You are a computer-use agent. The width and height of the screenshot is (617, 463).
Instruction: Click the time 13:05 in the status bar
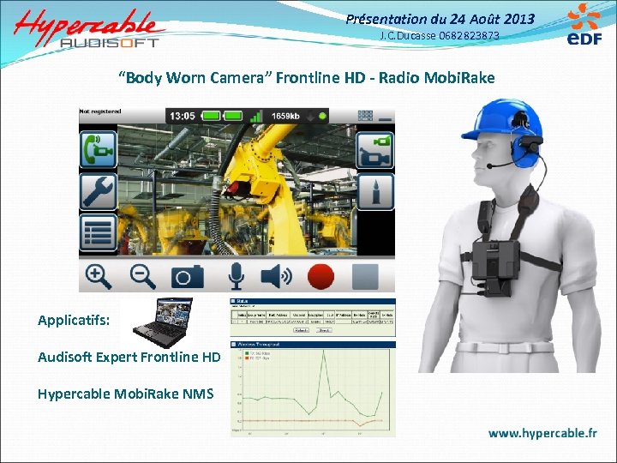click(182, 115)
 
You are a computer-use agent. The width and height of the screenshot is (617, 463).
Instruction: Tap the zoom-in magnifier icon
click(98, 276)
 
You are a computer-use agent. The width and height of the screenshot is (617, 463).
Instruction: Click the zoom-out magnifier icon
click(142, 276)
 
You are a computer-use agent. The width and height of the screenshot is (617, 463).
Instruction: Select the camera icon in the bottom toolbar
click(188, 276)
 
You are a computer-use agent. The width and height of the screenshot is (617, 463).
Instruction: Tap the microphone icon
click(234, 276)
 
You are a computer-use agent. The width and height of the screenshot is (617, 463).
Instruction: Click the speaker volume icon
click(275, 276)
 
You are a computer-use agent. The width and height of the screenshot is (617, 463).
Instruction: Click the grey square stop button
click(366, 276)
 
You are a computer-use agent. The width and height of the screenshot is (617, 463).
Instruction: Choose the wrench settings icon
click(98, 191)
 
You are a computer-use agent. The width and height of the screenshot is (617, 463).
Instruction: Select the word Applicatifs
click(74, 320)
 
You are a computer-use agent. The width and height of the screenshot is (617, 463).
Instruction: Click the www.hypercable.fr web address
click(542, 433)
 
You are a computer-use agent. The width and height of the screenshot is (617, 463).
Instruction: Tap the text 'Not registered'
click(100, 111)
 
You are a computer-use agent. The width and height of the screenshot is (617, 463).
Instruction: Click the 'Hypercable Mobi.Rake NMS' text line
click(125, 394)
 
